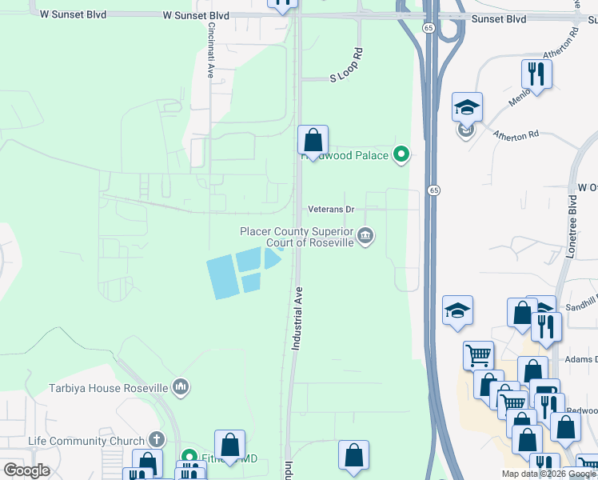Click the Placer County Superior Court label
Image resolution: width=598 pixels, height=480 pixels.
(297, 237)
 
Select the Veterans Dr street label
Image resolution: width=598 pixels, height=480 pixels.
(332, 210)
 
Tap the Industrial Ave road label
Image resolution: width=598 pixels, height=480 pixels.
(296, 318)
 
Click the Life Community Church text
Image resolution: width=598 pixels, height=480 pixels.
(86, 441)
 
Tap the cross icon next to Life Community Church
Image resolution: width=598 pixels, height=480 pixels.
(157, 439)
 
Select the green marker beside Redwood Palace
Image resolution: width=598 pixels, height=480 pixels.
(402, 155)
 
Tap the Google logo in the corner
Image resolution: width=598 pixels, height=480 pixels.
(26, 470)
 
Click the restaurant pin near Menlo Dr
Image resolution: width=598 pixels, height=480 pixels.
(536, 74)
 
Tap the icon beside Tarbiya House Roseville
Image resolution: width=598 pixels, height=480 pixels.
(181, 388)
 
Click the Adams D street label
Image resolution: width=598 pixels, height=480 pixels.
(584, 360)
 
